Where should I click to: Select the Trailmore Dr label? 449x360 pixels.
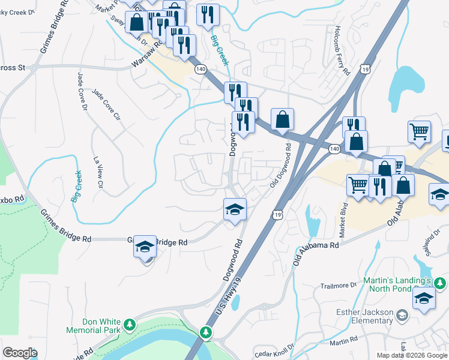[x=339, y=286]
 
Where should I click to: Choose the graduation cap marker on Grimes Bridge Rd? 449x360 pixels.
[x=145, y=247]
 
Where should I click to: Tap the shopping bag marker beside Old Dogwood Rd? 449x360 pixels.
[x=282, y=119]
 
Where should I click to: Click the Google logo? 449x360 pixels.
[x=20, y=353]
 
